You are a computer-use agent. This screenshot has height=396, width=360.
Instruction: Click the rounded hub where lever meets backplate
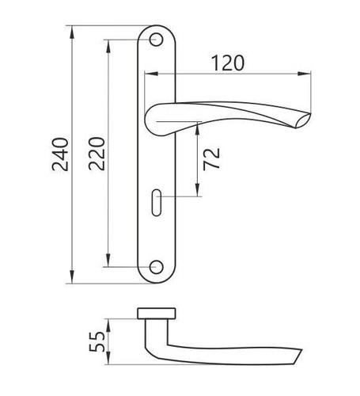tap(158, 118)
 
